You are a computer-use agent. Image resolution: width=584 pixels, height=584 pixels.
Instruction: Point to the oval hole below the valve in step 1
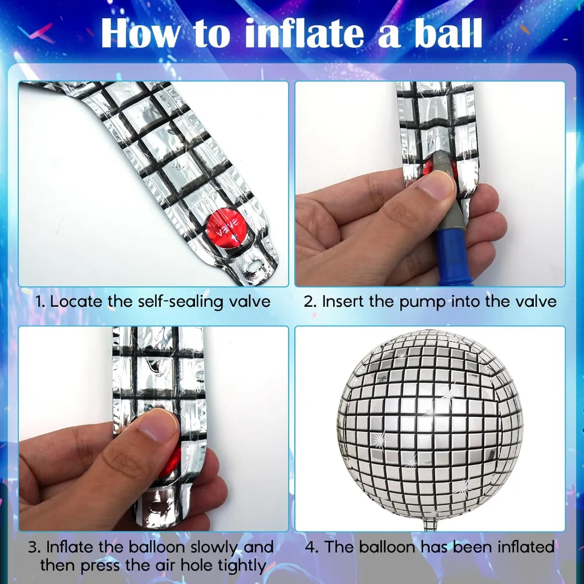pos(254,264)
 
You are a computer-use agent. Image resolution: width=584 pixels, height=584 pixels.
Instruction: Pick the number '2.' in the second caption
pos(310,301)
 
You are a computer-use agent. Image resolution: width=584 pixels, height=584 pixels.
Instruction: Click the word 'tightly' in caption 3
pos(236,566)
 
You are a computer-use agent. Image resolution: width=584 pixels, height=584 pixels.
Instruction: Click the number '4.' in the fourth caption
pos(312,547)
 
